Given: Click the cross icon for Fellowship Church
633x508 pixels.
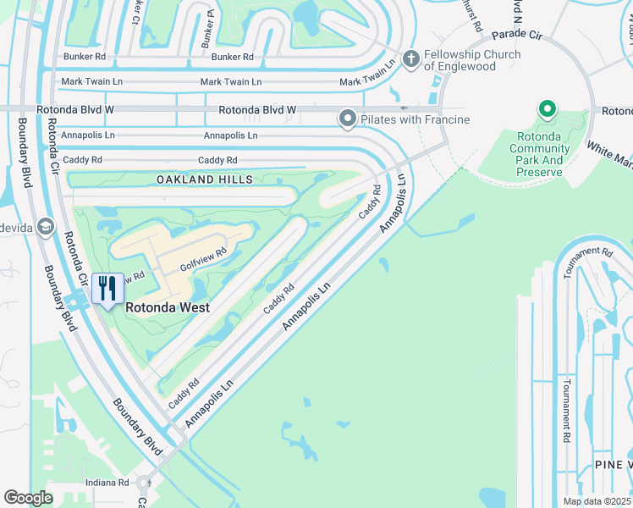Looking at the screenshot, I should (x=411, y=58).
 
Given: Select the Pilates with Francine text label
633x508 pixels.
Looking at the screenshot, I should (x=415, y=119).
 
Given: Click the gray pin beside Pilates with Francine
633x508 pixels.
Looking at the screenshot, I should (x=347, y=119).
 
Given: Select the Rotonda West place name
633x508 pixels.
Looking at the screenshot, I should (x=168, y=308).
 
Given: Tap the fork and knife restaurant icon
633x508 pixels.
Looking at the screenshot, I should (x=107, y=289).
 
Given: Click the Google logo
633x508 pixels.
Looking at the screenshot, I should (x=29, y=498).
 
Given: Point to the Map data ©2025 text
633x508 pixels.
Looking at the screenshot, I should (x=597, y=501).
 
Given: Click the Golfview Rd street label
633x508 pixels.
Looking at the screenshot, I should (x=204, y=258).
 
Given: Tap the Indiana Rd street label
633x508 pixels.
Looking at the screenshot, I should (x=107, y=483).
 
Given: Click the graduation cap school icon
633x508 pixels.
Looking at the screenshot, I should (x=45, y=226).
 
